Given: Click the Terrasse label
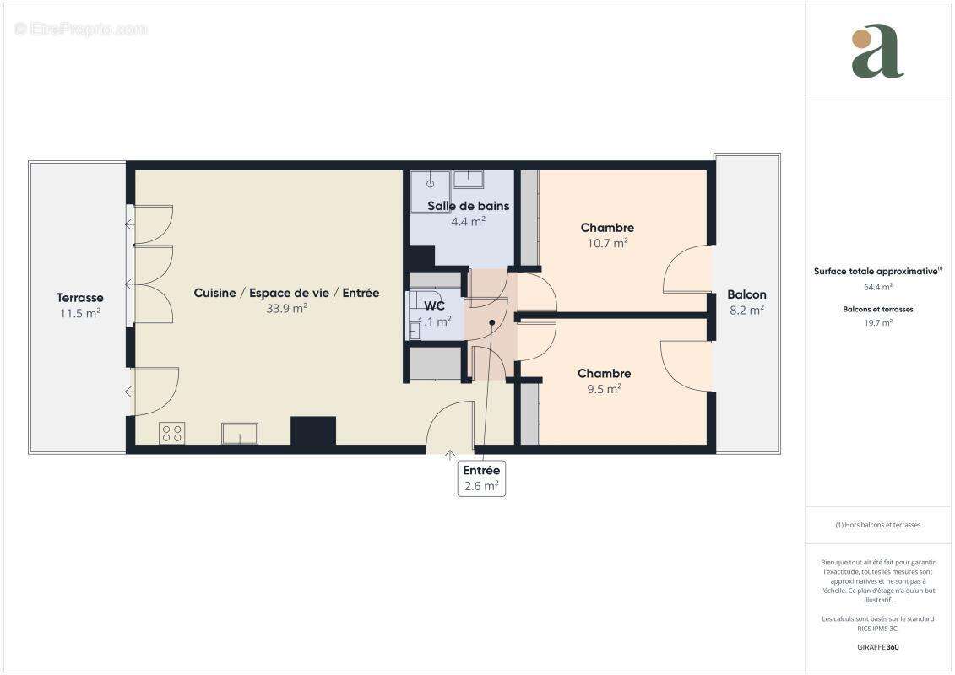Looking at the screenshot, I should click(80, 298).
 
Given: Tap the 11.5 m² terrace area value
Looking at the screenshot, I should click(80, 313).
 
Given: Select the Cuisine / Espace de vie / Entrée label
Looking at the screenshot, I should click(286, 293).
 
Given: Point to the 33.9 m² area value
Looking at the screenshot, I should click(286, 308).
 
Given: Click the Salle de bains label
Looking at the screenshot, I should click(468, 206).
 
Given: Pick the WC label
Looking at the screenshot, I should click(434, 306).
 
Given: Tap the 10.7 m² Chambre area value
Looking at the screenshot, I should click(607, 243).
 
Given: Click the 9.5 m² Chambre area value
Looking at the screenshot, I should click(604, 389).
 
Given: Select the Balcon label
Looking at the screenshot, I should click(746, 294).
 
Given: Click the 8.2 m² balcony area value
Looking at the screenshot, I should click(746, 310).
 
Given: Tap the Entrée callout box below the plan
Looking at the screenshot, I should click(481, 478).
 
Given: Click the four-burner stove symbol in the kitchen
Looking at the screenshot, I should click(172, 434).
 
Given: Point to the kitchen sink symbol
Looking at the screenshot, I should click(240, 434).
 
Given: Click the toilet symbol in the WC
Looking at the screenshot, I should click(415, 329).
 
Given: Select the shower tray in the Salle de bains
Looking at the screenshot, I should click(430, 191).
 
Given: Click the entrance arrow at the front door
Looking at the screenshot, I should click(450, 456).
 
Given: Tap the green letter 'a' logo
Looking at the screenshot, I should click(877, 52).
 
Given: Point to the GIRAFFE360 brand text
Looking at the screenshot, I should click(877, 647).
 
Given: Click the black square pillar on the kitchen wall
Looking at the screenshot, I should click(313, 431).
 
